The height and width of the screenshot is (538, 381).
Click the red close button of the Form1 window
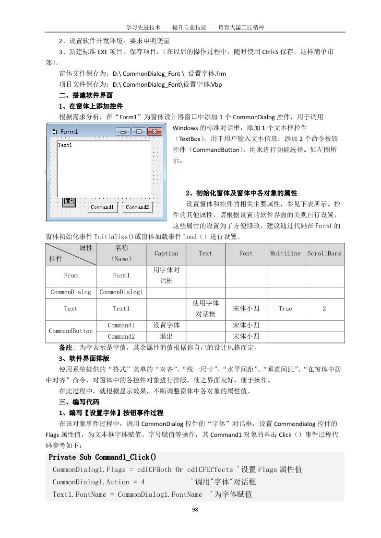pos(154,131)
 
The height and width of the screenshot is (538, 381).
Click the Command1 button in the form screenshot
pos(102,207)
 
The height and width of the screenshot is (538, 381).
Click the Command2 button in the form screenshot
pos(137,207)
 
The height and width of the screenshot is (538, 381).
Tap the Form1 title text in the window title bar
pos(69,131)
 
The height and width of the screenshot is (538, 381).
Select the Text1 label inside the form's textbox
pos(65,145)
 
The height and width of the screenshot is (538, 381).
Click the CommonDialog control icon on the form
pos(69,201)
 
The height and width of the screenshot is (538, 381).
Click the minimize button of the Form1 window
pos(123,131)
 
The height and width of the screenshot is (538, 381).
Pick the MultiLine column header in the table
pos(285,253)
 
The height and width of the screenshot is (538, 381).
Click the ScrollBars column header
pos(324,253)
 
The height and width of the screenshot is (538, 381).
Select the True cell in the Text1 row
pos(285,309)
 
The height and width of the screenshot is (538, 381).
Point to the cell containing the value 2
pos(324,309)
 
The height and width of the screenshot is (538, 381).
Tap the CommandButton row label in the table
pos(71,331)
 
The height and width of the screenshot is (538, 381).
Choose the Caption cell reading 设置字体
pos(166,326)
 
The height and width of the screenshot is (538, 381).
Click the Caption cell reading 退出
pos(166,337)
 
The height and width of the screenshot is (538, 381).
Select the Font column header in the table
pos(246,253)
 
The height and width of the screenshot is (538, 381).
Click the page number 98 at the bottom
pos(195,510)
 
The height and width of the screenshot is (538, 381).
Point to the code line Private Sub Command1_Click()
pos(102,458)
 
